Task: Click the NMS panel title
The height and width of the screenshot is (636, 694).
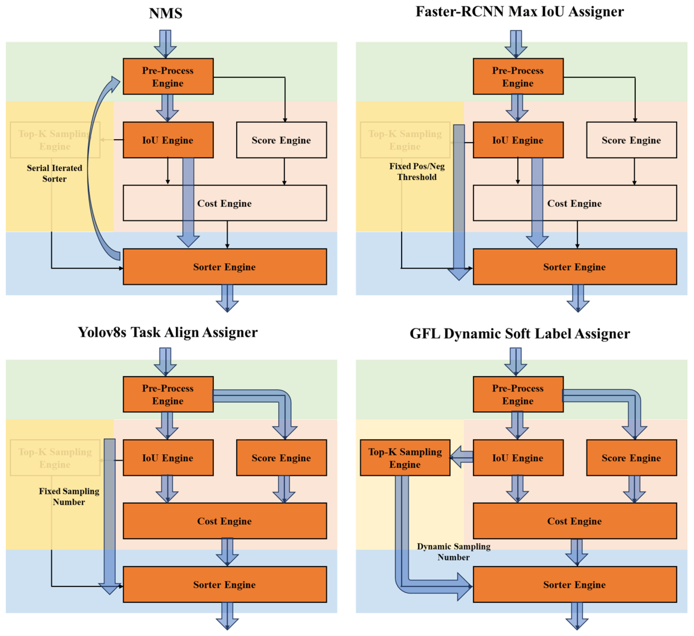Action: coord(165,13)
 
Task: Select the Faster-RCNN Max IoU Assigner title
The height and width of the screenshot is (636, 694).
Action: coord(519,12)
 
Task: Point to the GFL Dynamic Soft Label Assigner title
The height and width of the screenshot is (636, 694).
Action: coord(519,334)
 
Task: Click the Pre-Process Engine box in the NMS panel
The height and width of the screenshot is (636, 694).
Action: coord(168,76)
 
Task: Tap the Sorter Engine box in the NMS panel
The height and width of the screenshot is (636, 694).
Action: coord(225,267)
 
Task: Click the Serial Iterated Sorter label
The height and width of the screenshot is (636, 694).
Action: coord(54,173)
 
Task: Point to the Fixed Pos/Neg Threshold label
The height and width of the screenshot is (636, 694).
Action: coord(417,172)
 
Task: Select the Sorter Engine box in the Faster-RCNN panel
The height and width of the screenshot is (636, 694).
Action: coord(574,267)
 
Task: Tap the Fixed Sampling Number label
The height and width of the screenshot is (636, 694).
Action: coord(69,496)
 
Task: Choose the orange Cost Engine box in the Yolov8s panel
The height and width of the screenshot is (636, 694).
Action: coord(225,521)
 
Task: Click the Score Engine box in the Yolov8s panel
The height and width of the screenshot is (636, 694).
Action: coord(281,458)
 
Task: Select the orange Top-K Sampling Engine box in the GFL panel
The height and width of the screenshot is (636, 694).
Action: coord(405,458)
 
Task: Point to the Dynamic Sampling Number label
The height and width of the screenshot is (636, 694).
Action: coord(453,552)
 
